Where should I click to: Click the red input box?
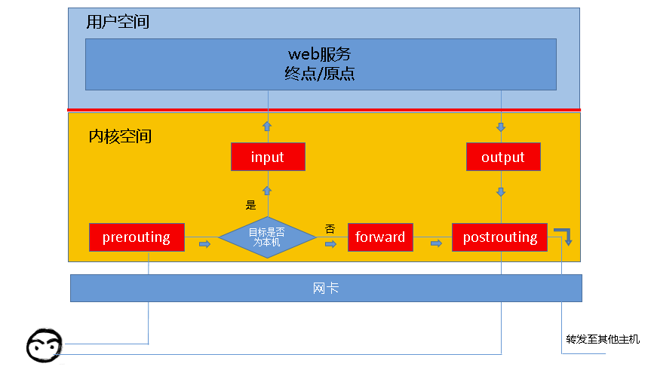coord(268,157)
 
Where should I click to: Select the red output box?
coord(502,157)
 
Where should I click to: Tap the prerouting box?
coord(137,237)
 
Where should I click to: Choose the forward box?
coord(380,237)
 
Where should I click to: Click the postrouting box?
coord(499,237)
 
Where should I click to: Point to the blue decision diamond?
coord(268,238)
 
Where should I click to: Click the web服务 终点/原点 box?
coord(321,64)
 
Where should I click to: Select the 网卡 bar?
coord(326,288)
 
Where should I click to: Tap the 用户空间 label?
coord(118,22)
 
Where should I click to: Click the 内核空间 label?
coord(120,136)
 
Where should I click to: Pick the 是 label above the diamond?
coord(251,204)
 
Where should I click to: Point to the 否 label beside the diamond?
coord(330,228)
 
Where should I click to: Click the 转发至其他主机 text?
coord(603,339)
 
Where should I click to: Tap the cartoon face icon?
coord(44,347)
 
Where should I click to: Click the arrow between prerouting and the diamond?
coord(204,243)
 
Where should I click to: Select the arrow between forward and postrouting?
coord(437,243)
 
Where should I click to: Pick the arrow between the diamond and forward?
coord(330,243)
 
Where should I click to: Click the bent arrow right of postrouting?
coord(563,235)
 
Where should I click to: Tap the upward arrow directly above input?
coord(267,125)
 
